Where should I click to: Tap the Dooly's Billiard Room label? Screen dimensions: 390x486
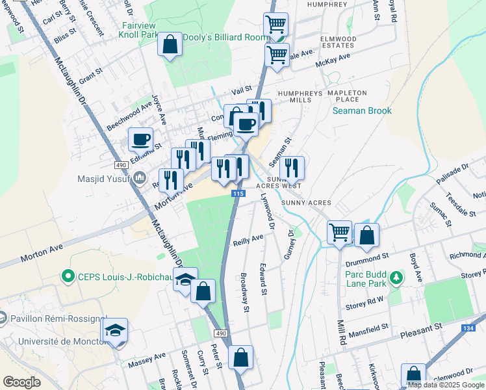coord(224,38)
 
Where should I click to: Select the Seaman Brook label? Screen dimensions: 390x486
coord(362,110)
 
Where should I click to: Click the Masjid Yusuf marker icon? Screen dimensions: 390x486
coord(140,177)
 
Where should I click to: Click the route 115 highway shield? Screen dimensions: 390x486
coord(238,194)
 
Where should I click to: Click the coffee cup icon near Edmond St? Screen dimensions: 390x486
coord(140,138)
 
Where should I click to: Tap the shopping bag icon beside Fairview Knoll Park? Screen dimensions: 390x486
coord(170,45)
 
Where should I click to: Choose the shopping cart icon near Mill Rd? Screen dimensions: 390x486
coord(340,232)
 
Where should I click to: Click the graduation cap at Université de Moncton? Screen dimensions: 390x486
coord(115,330)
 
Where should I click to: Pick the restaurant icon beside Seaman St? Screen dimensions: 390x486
coord(292,168)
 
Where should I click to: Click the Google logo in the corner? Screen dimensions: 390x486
coord(21,382)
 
